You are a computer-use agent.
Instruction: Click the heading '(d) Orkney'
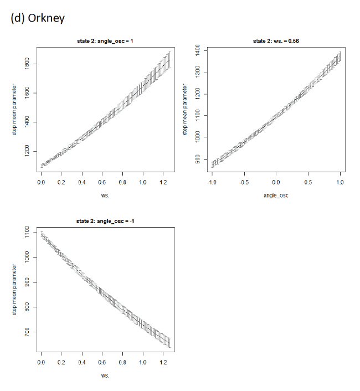click(x=38, y=18)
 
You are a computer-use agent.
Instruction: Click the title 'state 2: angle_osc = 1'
click(x=105, y=41)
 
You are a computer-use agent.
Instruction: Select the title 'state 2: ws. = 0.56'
click(x=276, y=41)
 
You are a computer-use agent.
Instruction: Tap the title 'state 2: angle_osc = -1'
click(x=105, y=221)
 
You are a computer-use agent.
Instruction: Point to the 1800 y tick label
click(x=27, y=64)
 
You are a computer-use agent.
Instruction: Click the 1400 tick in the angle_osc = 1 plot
click(x=27, y=122)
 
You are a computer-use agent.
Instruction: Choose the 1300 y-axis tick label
click(x=198, y=72)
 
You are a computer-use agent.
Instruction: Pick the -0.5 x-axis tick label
click(x=244, y=182)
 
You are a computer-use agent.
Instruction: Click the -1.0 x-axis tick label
click(x=212, y=182)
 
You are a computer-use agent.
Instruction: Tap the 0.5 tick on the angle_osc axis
click(x=308, y=182)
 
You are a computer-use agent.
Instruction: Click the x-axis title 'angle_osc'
click(x=276, y=195)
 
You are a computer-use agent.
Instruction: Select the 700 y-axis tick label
click(x=27, y=332)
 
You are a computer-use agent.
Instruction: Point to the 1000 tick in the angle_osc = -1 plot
click(x=27, y=257)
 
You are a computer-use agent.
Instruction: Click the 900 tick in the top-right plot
click(x=198, y=159)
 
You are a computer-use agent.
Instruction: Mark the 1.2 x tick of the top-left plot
click(x=163, y=182)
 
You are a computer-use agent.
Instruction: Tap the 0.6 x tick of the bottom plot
click(x=102, y=362)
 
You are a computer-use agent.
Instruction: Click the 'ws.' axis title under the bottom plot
click(x=105, y=375)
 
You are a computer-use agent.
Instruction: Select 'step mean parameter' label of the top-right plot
click(x=185, y=110)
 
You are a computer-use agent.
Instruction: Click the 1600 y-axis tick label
click(x=27, y=93)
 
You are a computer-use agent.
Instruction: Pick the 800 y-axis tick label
click(x=27, y=307)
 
